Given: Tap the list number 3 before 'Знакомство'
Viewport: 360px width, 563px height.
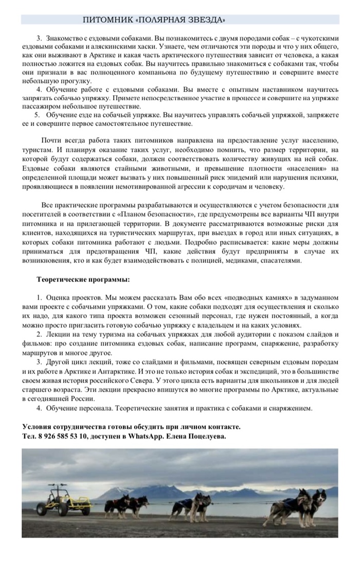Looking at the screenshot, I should click(x=39, y=38).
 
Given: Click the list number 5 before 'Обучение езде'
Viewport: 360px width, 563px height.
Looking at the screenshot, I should click(x=37, y=114).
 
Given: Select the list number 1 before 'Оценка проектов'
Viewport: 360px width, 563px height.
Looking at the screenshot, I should click(x=39, y=298).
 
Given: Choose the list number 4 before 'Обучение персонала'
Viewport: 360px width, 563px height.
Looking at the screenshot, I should click(x=39, y=408).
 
